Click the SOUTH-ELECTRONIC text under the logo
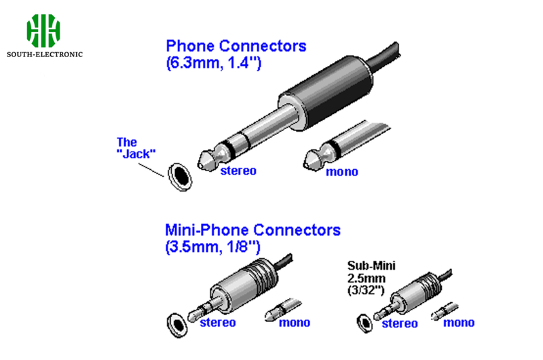coord(44,54)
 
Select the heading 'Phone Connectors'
coord(236,46)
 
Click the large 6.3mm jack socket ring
coord(180,175)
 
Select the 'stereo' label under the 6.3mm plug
coord(238,170)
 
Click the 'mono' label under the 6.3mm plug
coord(341,171)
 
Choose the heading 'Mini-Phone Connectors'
coord(252,230)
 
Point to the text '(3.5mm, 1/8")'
coord(212,247)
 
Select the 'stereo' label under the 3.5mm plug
coord(217,322)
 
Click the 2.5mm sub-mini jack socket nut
coord(362,321)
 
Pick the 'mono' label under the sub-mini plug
coord(459,323)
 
